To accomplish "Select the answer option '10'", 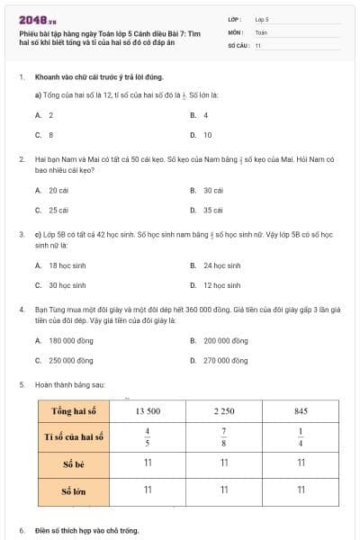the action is tap(207, 135).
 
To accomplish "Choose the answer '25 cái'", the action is tap(58, 210).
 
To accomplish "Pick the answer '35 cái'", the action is tap(212, 210).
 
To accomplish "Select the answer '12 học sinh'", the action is tap(220, 285).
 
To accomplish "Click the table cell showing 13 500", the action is tap(148, 410).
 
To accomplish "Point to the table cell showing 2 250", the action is tap(224, 410).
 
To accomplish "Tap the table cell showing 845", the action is tap(301, 410).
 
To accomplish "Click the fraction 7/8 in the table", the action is tap(224, 436).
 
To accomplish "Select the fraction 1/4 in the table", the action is tap(301, 436).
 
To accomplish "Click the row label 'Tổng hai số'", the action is tap(74, 410).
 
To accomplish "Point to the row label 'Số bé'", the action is tap(74, 463).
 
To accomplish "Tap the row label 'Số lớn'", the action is tap(74, 490).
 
